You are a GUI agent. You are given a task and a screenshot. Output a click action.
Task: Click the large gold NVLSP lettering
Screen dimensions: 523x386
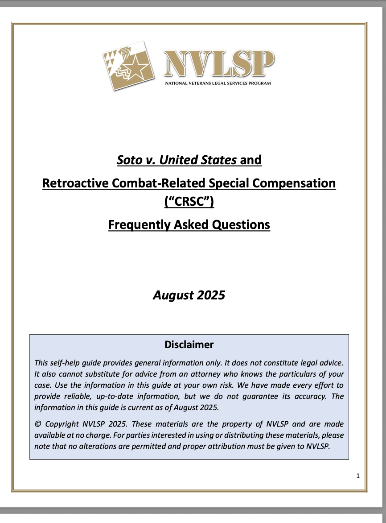(218, 64)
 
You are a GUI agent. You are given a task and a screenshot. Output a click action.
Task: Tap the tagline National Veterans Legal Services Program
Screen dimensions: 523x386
(218, 83)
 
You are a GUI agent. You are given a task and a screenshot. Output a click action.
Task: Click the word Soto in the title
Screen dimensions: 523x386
(129, 160)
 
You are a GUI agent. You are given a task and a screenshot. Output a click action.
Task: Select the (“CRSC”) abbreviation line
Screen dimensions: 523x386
(189, 203)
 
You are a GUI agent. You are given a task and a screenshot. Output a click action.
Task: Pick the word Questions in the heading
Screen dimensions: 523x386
(241, 224)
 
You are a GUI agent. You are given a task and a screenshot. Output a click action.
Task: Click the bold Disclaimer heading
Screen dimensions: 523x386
(189, 345)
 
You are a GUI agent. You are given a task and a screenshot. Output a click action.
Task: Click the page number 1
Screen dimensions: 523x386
(358, 476)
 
